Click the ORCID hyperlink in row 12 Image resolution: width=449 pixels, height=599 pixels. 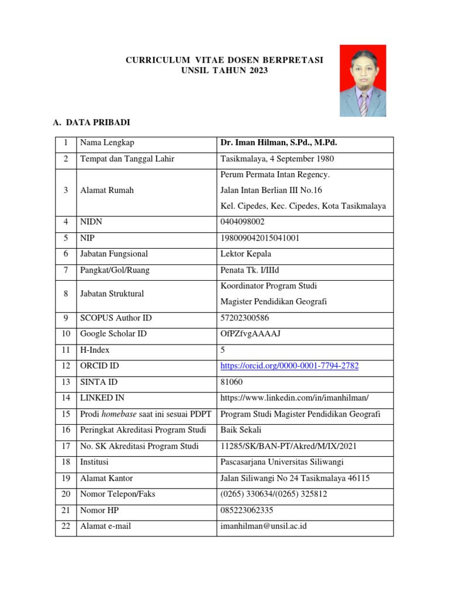pos(289,366)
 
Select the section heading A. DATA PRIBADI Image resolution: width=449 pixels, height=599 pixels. pos(92,123)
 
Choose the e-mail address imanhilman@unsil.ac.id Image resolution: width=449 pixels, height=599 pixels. pos(263,526)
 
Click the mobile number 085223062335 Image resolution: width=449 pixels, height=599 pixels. pos(247,510)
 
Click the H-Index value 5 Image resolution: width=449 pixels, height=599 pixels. pos(223,350)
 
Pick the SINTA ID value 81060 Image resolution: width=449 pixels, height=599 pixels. pos(232,382)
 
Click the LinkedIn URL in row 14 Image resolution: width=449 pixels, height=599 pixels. pos(295,398)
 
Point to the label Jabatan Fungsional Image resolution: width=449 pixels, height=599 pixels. pos(114,254)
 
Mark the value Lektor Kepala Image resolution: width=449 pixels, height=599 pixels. pos(246,254)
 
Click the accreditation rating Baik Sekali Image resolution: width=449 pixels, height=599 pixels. pos(240,430)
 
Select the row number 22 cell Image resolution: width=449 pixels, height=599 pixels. pos(66,526)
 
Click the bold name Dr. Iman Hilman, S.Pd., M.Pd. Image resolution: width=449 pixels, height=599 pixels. pos(278,143)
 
